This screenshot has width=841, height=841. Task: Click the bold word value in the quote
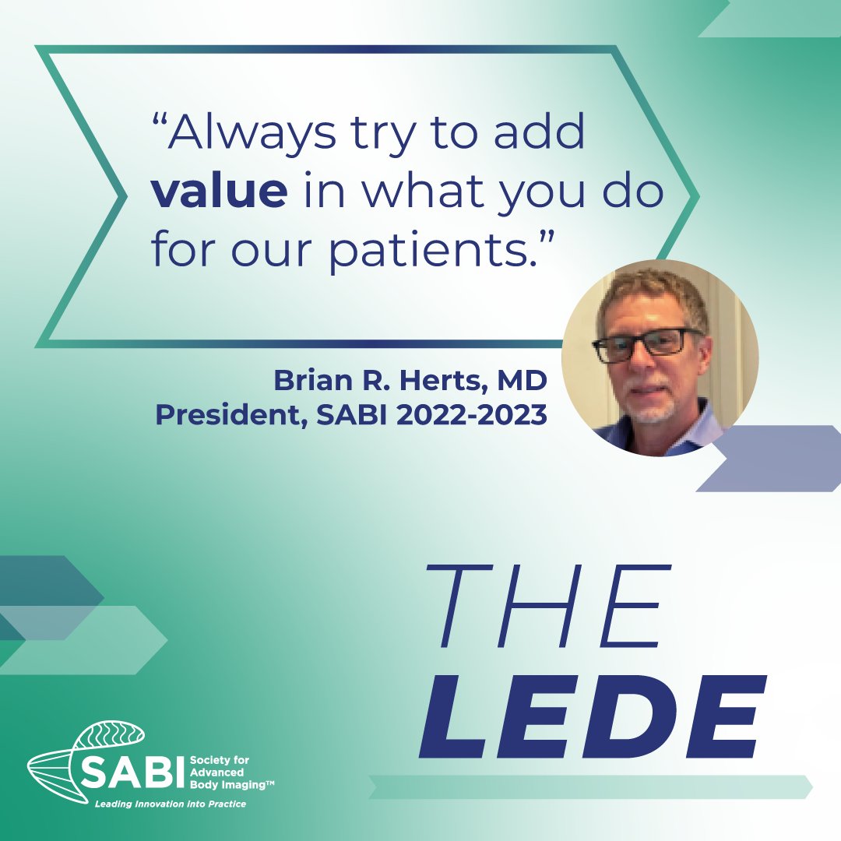[219, 193]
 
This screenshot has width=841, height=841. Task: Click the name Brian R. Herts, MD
[410, 382]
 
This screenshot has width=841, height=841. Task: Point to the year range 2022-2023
[472, 415]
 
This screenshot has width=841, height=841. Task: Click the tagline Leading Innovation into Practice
[170, 804]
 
